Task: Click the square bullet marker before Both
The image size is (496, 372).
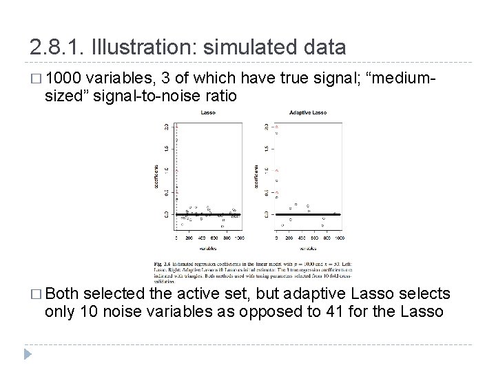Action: (35, 295)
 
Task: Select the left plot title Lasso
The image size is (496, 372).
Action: (207, 112)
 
